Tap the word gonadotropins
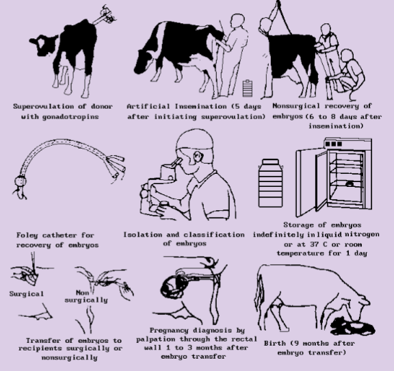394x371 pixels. (x=70, y=117)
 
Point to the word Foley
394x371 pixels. (x=27, y=235)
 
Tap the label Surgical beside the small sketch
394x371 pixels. (x=27, y=294)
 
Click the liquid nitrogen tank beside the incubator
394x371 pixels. (x=271, y=183)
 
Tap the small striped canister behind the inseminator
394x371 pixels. (x=248, y=88)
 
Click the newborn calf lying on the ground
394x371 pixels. (x=353, y=326)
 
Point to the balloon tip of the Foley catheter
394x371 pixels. (x=20, y=181)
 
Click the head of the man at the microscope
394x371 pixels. (x=195, y=149)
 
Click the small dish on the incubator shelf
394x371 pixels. (x=350, y=184)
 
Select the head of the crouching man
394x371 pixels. (x=347, y=56)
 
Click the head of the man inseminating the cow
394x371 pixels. (x=238, y=21)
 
